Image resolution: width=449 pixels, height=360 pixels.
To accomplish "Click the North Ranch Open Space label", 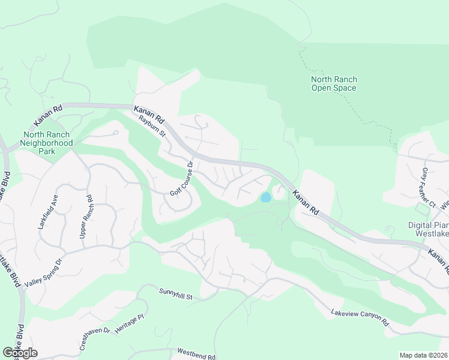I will tap(333, 83).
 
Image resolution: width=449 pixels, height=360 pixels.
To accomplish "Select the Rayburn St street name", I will tap(151, 127).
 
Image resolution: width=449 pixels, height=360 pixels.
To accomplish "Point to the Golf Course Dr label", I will tap(181, 179).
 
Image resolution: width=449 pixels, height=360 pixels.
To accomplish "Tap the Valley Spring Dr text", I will tap(43, 271).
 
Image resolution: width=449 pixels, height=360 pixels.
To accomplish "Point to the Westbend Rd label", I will tap(196, 354).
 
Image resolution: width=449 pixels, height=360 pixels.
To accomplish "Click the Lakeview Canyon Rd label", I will tap(360, 318).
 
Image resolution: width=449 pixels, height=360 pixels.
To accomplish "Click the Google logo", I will tap(20, 353).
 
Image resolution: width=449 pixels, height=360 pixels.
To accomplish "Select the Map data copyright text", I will tap(423, 355).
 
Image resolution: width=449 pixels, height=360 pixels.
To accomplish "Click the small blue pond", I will tap(265, 197).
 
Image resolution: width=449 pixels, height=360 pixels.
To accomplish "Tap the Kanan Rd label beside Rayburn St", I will tap(149, 114).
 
